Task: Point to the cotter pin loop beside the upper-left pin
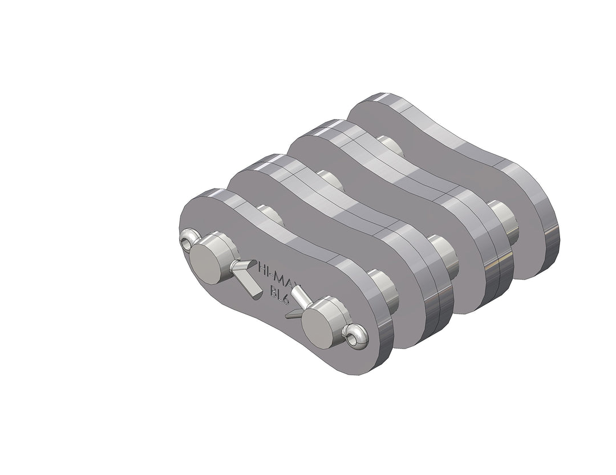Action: point(187,242)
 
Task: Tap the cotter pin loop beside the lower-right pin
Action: point(357,337)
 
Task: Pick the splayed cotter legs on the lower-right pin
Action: point(298,302)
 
